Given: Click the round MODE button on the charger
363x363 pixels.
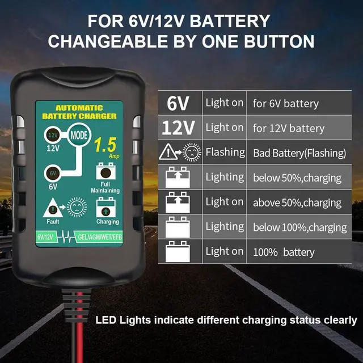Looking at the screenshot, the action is (78, 136).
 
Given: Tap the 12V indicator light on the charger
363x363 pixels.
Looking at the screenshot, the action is (52, 136).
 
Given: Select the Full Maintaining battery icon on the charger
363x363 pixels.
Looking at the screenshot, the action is (105, 171).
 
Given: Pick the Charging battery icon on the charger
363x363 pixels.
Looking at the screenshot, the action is (107, 206).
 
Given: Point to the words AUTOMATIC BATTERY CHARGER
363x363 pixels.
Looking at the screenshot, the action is (79, 112).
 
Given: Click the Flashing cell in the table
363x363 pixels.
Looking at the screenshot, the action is (225, 152).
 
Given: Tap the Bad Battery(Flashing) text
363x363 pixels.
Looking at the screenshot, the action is (299, 153).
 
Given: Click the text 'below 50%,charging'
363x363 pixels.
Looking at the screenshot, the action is (297, 178).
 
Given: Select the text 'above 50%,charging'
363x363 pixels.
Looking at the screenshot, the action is (297, 202).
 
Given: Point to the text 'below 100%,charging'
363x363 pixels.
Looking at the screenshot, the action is (299, 227).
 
